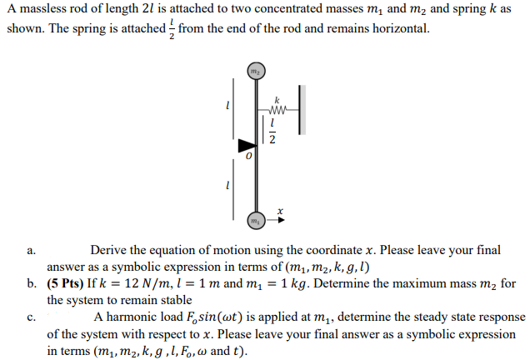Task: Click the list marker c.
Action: [31, 317]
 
